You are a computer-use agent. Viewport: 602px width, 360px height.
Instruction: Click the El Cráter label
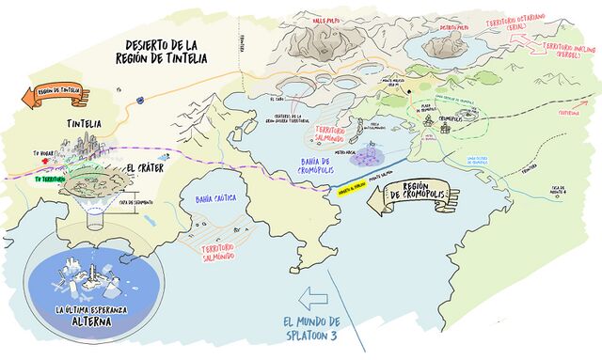click(142, 169)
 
